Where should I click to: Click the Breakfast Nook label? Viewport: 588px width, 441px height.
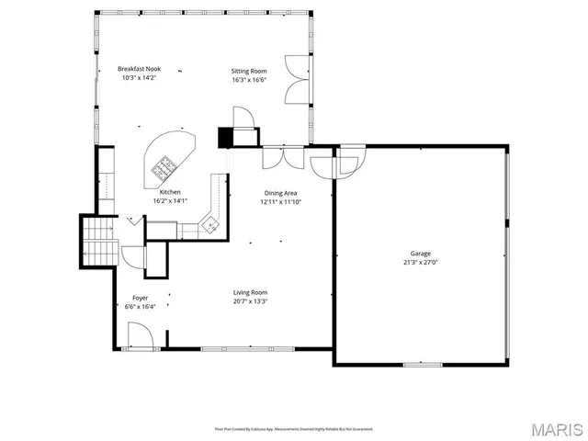point(140,69)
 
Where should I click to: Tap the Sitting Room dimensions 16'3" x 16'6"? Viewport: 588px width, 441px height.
point(248,79)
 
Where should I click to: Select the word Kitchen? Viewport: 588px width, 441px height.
point(170,192)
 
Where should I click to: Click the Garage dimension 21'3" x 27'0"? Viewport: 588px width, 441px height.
point(420,262)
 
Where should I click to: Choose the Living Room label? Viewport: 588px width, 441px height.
point(250,292)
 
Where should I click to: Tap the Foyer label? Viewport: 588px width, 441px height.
point(141,298)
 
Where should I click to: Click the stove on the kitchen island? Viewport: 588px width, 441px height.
point(165,166)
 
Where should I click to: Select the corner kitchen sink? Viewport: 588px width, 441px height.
point(209,222)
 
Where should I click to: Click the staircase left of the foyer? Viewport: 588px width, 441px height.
point(97,240)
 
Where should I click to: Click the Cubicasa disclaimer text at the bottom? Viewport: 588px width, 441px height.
point(294,428)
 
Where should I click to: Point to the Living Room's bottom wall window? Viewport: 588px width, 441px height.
point(248,348)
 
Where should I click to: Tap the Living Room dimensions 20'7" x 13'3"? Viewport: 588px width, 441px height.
point(250,300)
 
